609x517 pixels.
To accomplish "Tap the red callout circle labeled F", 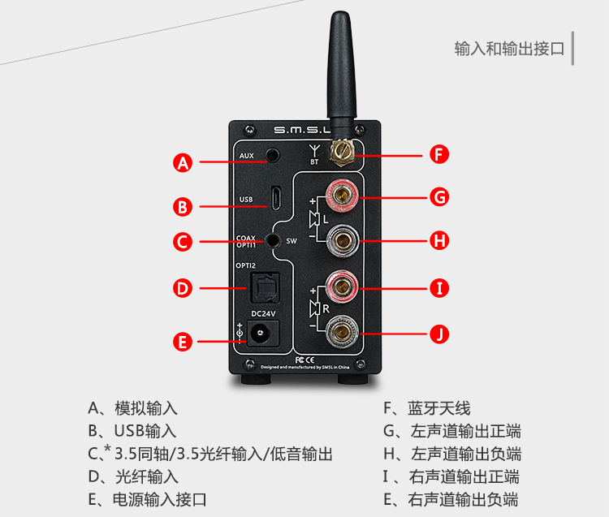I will pos(438,154).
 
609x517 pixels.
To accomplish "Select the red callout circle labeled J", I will pos(438,334).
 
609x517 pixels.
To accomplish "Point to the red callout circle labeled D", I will pos(184,288).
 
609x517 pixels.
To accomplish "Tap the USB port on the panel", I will pos(276,198).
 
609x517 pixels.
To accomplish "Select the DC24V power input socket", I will pos(262,332).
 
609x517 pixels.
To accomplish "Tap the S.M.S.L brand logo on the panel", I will pos(301,129).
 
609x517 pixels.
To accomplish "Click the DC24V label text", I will pos(262,312).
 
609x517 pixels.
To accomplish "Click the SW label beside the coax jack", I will pos(292,241).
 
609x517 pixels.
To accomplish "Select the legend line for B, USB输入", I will pos(132,431).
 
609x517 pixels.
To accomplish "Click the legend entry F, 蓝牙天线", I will pos(427,408).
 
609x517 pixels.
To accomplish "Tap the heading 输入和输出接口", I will pos(509,49).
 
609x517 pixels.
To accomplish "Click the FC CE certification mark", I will pos(303,358).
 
